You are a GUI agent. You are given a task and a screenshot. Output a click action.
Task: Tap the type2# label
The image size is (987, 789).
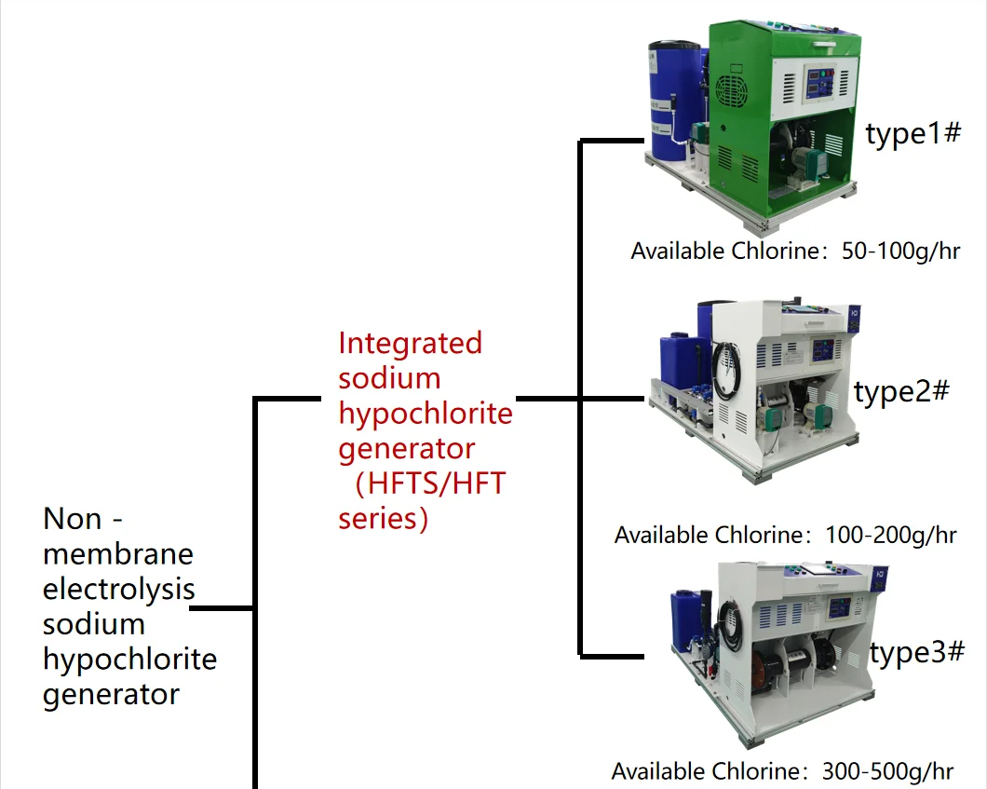point(901,392)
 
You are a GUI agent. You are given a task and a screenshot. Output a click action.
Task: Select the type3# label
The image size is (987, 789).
point(917,653)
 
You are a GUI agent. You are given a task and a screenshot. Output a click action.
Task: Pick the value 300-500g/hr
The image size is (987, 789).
point(887,771)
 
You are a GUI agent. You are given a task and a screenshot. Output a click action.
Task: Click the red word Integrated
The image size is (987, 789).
point(410,343)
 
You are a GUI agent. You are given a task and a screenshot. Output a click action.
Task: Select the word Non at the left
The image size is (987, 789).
point(73,518)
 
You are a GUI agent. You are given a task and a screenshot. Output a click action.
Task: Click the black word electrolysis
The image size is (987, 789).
point(119,589)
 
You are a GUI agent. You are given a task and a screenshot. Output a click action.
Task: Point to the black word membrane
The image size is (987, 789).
point(118,554)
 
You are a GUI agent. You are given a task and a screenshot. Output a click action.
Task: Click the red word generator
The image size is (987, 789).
point(406,449)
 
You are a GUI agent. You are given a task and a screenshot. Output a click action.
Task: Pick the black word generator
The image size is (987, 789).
point(111,695)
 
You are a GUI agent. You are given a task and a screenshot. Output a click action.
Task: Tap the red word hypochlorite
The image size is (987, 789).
point(425,414)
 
